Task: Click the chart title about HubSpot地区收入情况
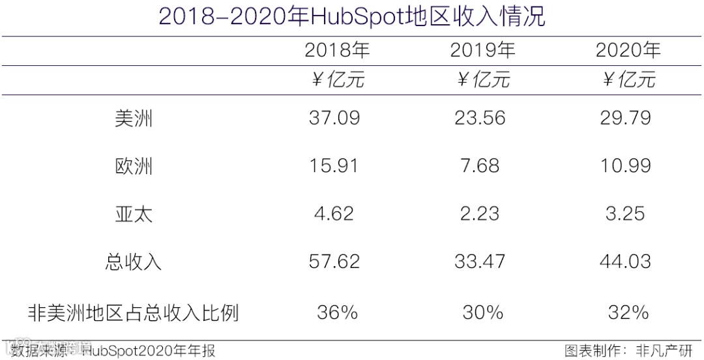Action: (x=352, y=16)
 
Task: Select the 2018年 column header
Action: (x=336, y=50)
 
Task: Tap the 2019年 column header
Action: (x=482, y=50)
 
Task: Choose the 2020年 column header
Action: (x=628, y=50)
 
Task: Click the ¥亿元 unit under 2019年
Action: (x=482, y=80)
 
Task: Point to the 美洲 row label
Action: (x=134, y=119)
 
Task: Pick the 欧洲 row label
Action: (x=134, y=166)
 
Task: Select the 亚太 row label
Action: (x=134, y=214)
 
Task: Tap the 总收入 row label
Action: (x=134, y=262)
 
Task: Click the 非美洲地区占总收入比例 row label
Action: (x=134, y=313)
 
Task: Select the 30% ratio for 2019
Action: (x=482, y=312)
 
